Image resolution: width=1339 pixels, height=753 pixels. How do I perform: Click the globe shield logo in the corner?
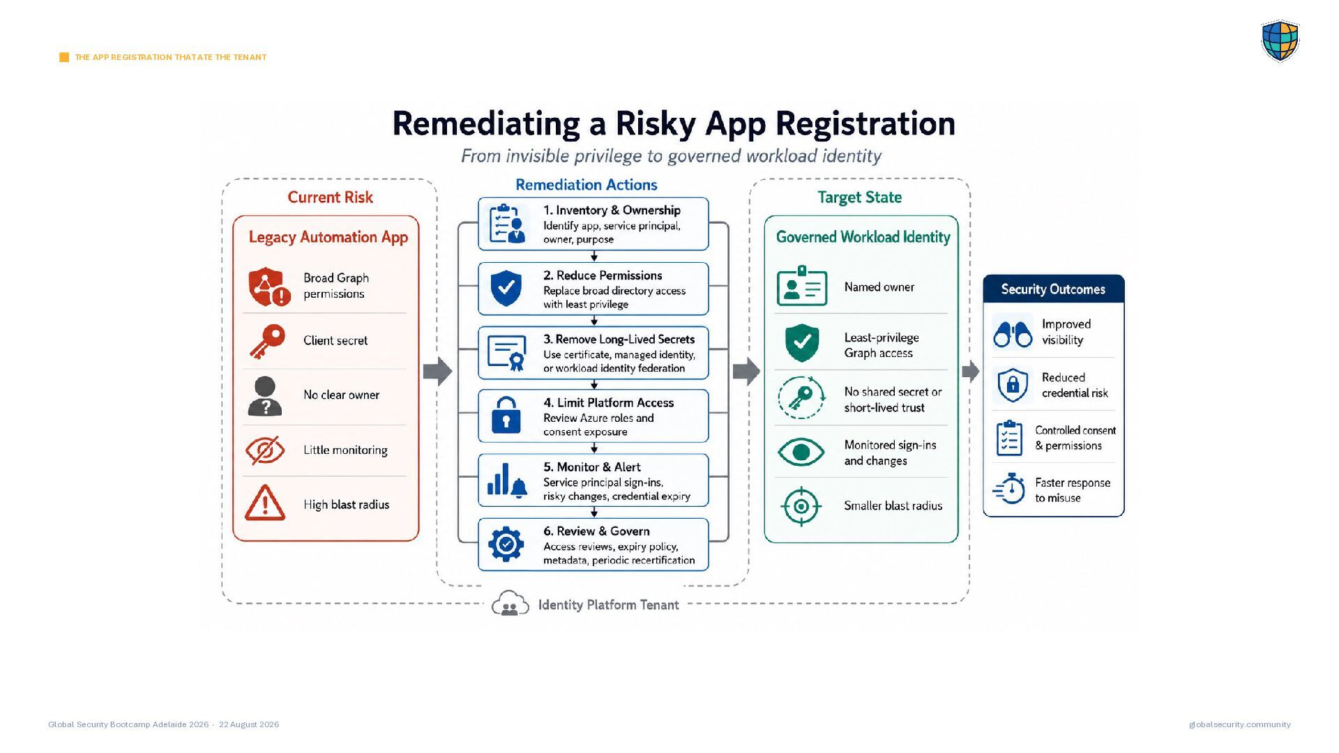tap(1280, 41)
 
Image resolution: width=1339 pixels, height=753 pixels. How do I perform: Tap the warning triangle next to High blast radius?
tap(265, 503)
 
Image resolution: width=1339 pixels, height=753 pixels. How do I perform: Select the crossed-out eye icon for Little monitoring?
tap(265, 450)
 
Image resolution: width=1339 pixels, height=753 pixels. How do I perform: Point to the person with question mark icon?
tap(265, 396)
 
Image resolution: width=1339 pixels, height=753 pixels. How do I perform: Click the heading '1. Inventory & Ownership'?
tap(612, 211)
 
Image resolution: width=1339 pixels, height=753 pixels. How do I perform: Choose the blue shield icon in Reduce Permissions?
tap(506, 288)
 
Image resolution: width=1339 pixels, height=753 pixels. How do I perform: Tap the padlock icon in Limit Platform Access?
tap(506, 415)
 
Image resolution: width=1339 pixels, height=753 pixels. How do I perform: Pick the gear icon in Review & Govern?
tap(506, 544)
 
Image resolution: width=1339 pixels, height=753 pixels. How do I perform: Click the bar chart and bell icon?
tap(507, 480)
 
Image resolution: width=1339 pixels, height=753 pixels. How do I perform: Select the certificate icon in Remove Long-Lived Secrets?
tap(507, 353)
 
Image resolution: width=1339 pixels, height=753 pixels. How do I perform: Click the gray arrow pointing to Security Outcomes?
tap(971, 372)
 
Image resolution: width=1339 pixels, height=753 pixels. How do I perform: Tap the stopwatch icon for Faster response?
tap(1009, 488)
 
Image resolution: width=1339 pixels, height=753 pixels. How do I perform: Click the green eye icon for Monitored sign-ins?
tap(801, 452)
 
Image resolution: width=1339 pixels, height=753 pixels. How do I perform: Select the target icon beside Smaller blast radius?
tap(801, 506)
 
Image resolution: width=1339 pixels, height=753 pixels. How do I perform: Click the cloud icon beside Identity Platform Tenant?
tap(510, 604)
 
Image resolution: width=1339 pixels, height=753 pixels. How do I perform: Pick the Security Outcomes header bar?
tap(1054, 289)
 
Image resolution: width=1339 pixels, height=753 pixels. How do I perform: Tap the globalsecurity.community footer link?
tap(1240, 724)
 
